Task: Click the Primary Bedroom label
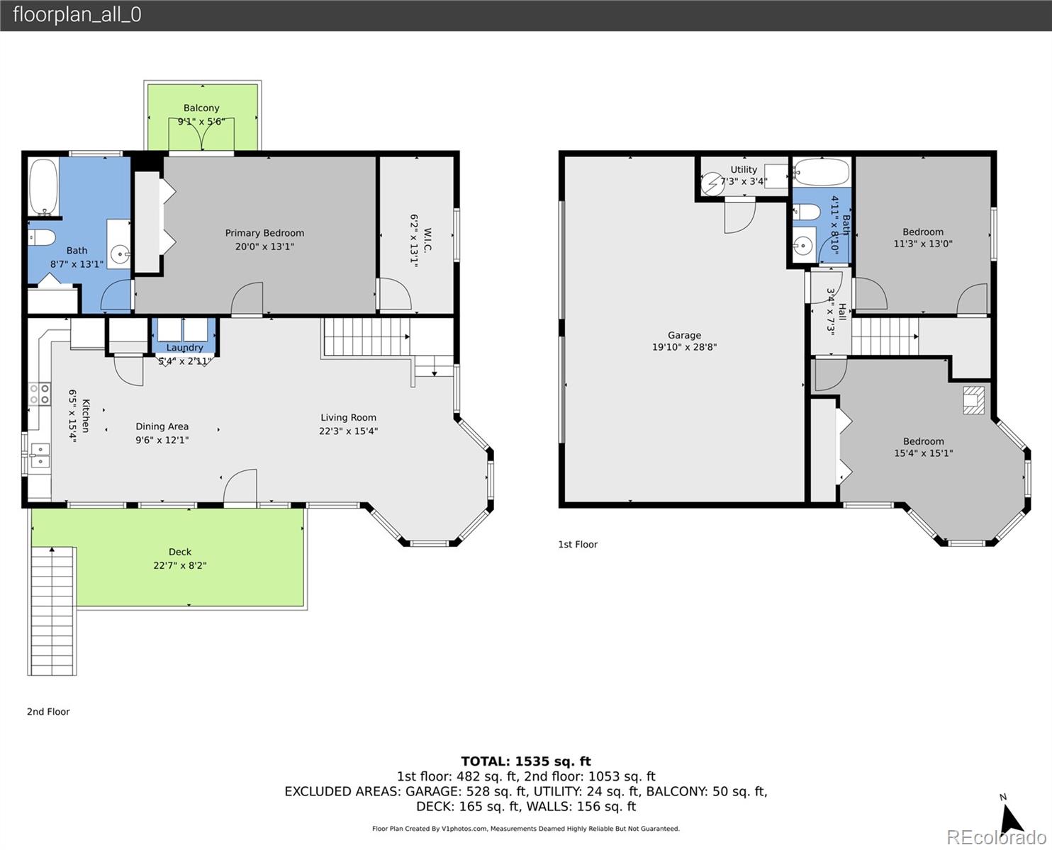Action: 264,233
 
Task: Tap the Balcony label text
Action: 201,108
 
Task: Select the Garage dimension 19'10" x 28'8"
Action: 684,347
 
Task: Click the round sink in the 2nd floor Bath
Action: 119,254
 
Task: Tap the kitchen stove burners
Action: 40,394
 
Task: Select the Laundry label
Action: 184,347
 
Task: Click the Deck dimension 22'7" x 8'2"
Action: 180,565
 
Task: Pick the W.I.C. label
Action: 427,239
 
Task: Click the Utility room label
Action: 744,169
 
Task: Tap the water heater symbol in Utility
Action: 713,184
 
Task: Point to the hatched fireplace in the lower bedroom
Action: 973,400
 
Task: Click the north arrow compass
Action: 1012,818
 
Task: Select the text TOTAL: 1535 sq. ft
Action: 526,761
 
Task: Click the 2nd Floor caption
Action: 48,711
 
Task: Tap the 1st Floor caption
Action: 578,544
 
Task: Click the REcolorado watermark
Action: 996,837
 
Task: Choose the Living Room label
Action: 348,417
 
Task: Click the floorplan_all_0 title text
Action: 77,15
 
